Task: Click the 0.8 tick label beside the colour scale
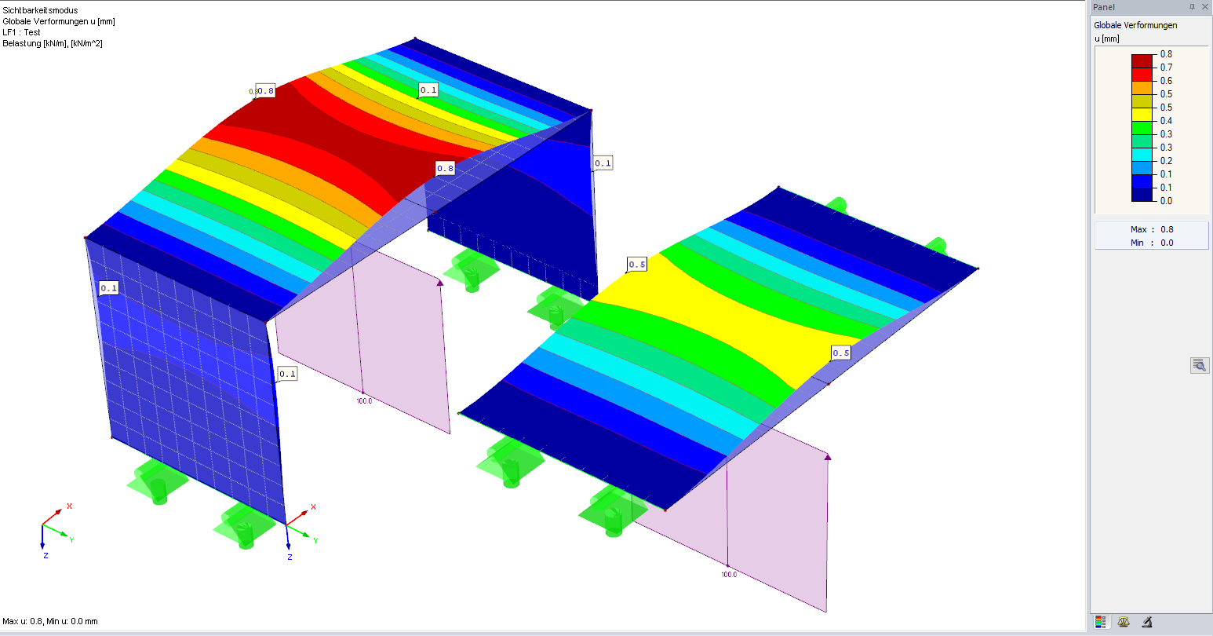[1166, 54]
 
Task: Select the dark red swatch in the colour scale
[1142, 60]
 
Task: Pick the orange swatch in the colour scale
[1142, 87]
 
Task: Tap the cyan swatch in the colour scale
[1142, 154]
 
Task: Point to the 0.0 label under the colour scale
[1166, 201]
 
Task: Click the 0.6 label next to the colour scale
[1166, 81]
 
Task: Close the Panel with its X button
[1205, 7]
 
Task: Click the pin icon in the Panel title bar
[1191, 7]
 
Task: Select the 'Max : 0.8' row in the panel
[1151, 229]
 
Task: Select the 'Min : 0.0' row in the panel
[1151, 243]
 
